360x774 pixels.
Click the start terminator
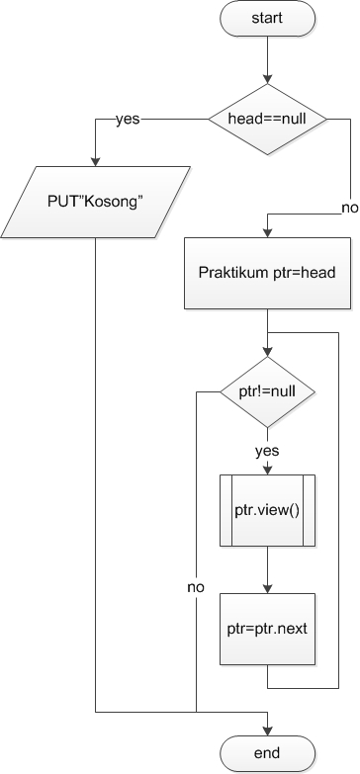[267, 18]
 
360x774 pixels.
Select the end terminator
[267, 754]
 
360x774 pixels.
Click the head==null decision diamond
[267, 118]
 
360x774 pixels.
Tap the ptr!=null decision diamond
[267, 391]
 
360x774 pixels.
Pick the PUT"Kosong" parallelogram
[96, 204]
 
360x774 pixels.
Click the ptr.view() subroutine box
[267, 510]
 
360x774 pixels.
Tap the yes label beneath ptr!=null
[267, 451]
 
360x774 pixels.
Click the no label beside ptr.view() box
[196, 587]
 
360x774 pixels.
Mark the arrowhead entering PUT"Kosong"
[96, 163]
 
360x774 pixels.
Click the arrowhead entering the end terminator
[267, 730]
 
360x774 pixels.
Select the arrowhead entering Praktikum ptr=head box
[267, 232]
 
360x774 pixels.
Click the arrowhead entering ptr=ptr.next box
[267, 588]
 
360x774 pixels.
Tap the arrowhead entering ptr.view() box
[267, 470]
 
